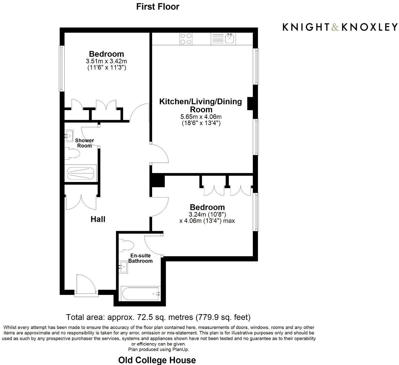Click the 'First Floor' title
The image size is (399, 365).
(158, 7)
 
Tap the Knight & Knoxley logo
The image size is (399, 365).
(340, 27)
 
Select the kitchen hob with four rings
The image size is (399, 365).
(186, 39)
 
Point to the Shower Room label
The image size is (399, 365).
(84, 143)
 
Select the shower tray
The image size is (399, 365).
(80, 173)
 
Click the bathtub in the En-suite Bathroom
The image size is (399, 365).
(140, 294)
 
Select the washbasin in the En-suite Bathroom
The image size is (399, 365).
(123, 267)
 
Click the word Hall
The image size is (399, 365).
(98, 219)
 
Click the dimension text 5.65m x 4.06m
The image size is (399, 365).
(201, 117)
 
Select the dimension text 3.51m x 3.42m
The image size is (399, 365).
(106, 61)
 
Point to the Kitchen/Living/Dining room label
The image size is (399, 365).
(200, 105)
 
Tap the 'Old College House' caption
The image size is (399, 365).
(157, 360)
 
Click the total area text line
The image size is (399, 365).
(158, 317)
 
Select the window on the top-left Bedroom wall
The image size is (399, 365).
(61, 69)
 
